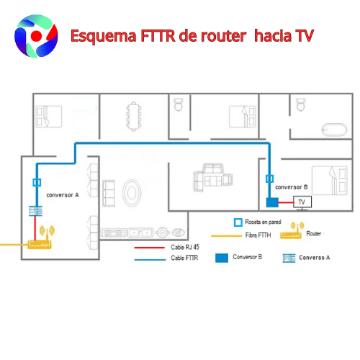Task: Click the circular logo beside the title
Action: pyautogui.click(x=36, y=36)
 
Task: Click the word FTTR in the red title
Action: pyautogui.click(x=158, y=35)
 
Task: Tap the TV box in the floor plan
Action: pyautogui.click(x=302, y=202)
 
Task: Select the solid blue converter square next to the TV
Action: pyautogui.click(x=272, y=202)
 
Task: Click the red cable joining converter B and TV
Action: pyautogui.click(x=286, y=202)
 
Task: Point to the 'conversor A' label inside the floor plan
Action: pyautogui.click(x=63, y=195)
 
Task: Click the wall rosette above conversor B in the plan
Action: pyautogui.click(x=269, y=179)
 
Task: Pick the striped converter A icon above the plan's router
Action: pyautogui.click(x=35, y=211)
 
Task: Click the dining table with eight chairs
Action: pyautogui.click(x=134, y=117)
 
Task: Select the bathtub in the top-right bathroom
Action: pyautogui.click(x=334, y=130)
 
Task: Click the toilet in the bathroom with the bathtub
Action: pyautogui.click(x=301, y=104)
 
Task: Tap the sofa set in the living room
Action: pyautogui.click(x=213, y=178)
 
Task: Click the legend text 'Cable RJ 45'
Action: pyautogui.click(x=185, y=247)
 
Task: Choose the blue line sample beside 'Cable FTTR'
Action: pyautogui.click(x=150, y=259)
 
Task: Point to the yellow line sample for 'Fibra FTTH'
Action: pyautogui.click(x=226, y=236)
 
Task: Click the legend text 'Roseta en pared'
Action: pyautogui.click(x=263, y=222)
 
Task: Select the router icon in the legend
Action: pyautogui.click(x=291, y=230)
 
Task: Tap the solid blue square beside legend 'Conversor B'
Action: pyautogui.click(x=222, y=258)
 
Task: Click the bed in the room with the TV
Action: pyautogui.click(x=330, y=180)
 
